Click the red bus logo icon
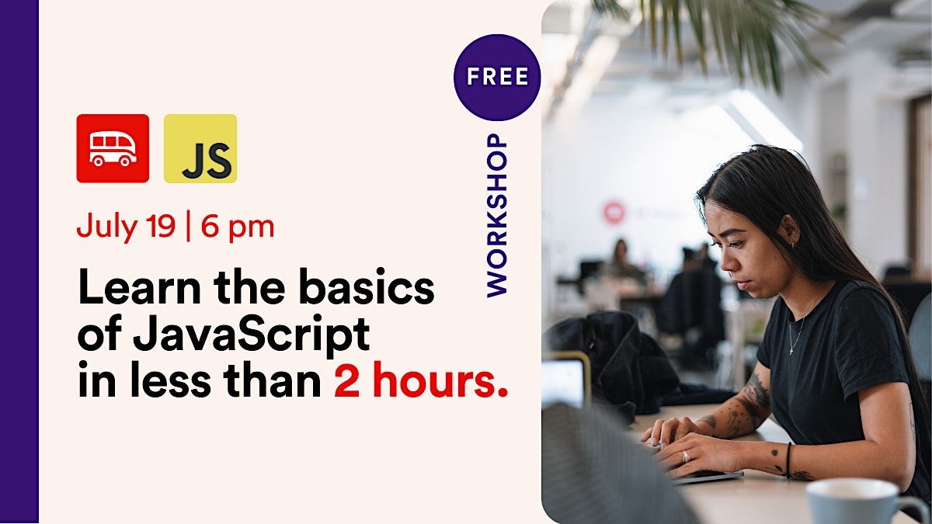113,148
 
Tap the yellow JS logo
200,148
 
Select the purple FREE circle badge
497,77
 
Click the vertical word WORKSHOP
497,215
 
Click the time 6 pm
238,227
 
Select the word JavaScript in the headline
251,335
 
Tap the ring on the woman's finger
685,456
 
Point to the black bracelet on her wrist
788,460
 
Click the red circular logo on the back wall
614,212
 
